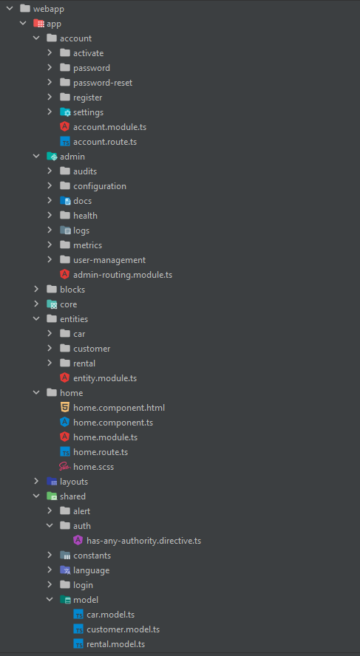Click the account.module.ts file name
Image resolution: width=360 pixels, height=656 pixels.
click(109, 127)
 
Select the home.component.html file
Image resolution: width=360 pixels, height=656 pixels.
click(119, 408)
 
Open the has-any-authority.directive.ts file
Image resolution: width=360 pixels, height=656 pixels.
click(143, 541)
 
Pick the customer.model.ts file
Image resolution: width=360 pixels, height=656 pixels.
click(123, 629)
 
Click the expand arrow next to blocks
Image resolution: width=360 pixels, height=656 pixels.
click(37, 289)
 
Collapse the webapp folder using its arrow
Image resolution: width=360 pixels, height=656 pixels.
click(10, 8)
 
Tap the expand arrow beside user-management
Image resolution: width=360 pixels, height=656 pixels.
click(50, 260)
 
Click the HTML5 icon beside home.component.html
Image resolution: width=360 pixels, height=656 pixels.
click(64, 408)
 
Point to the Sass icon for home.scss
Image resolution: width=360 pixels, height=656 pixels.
click(64, 466)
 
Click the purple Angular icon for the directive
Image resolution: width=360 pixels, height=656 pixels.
click(78, 541)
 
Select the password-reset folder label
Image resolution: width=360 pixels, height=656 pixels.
click(103, 83)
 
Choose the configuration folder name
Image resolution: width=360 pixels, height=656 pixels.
click(100, 186)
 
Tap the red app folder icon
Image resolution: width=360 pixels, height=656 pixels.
click(38, 24)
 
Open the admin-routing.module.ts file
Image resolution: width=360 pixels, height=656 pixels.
click(123, 275)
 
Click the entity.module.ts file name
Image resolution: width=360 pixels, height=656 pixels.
click(105, 378)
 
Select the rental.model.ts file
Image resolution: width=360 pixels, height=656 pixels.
click(115, 644)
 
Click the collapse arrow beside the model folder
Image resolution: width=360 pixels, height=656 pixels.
click(50, 600)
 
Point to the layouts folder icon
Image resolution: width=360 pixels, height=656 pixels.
click(52, 481)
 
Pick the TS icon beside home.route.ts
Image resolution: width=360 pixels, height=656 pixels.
click(64, 452)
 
